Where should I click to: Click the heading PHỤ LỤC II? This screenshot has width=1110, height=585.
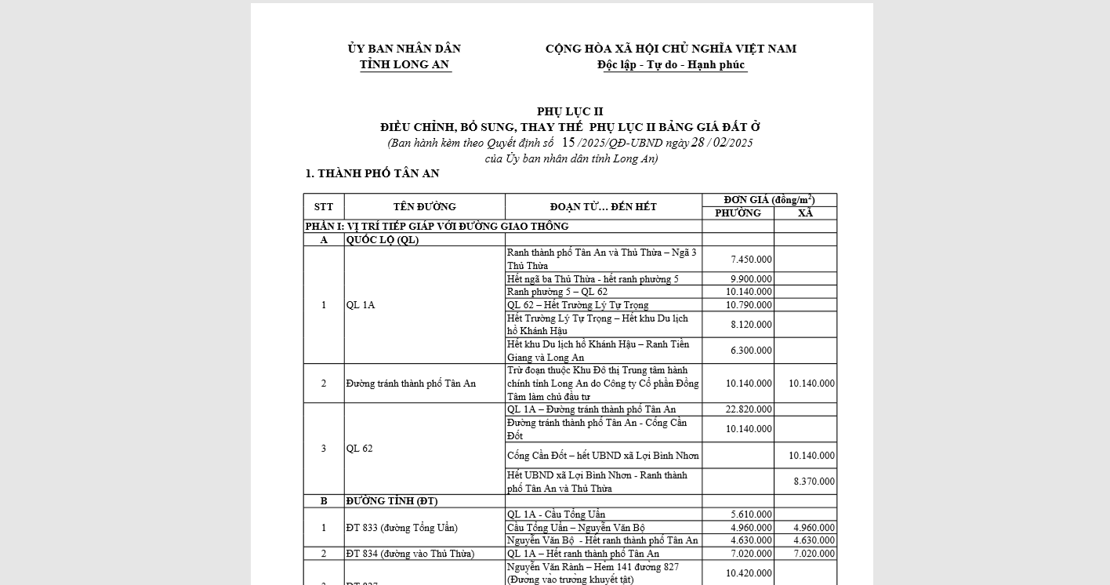tap(570, 111)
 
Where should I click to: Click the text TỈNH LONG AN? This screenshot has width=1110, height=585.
tap(404, 65)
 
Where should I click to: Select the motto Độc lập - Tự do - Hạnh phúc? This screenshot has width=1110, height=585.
tap(670, 65)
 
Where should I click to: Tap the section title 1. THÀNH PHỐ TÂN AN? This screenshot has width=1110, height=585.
tap(372, 174)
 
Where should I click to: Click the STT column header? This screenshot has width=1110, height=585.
tap(324, 207)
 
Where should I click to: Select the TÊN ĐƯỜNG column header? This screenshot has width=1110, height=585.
tap(424, 207)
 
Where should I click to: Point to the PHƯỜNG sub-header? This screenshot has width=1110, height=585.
tap(738, 213)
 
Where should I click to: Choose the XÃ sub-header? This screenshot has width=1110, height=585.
tap(805, 213)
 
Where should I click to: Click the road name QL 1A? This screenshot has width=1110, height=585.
tap(361, 305)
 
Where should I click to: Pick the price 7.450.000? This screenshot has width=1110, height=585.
tap(751, 260)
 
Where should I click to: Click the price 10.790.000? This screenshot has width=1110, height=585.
tap(749, 305)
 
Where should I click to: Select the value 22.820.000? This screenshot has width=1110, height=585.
tap(749, 409)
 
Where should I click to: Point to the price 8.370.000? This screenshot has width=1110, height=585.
tap(814, 481)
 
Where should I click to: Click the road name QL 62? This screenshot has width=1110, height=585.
tap(358, 449)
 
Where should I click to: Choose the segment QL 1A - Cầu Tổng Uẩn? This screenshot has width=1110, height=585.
tap(556, 514)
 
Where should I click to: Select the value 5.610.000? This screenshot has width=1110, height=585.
tap(751, 514)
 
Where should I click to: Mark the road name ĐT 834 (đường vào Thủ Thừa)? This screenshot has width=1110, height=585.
tap(410, 554)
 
